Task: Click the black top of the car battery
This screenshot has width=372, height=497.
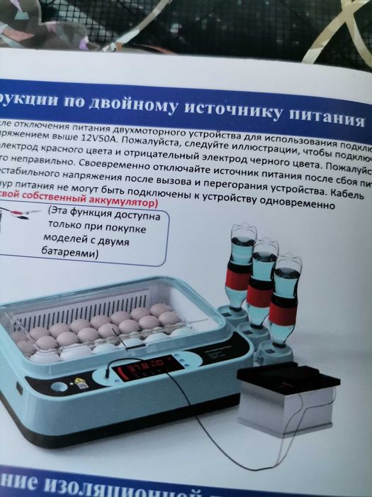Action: [287, 377]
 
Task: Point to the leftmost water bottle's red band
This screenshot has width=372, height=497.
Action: [239, 278]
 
